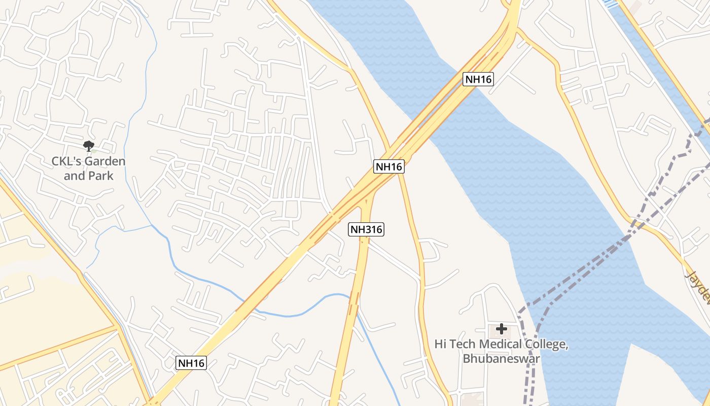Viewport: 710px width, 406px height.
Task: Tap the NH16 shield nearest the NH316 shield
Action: pos(389,166)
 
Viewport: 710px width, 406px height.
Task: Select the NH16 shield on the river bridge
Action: pos(478,79)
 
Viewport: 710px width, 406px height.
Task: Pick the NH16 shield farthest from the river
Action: pos(191,363)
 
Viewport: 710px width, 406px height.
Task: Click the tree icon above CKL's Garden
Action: pos(89,147)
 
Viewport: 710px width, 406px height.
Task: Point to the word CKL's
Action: pos(66,162)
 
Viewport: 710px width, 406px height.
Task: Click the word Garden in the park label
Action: pos(104,162)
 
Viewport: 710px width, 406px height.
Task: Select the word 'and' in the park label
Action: pos(74,176)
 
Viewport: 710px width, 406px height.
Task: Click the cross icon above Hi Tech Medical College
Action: pos(502,329)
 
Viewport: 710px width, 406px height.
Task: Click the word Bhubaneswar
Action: pos(501,358)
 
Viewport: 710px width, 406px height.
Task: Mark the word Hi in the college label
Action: pos(440,345)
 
